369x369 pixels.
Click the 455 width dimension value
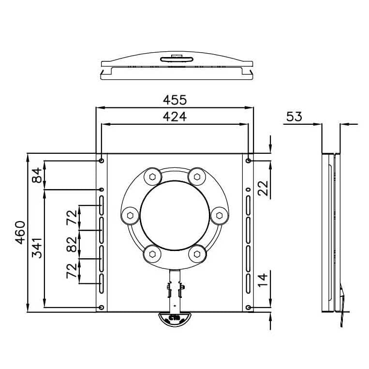(175, 100)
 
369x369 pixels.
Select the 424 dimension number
(175, 117)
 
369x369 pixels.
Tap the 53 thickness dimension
(294, 117)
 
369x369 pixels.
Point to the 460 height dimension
(20, 233)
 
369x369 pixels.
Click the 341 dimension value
(37, 248)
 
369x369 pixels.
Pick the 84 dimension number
(37, 176)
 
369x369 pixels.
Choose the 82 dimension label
(72, 244)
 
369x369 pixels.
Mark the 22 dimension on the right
(263, 188)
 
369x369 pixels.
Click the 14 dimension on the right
(263, 280)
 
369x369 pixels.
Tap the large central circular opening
(175, 216)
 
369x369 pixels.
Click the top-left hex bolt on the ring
(152, 177)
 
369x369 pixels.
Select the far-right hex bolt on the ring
(220, 216)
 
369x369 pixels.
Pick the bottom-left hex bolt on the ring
(152, 254)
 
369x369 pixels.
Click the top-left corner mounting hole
(102, 161)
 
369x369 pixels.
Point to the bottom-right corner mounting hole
(248, 308)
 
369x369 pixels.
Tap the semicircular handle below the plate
(175, 319)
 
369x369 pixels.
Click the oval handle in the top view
(177, 59)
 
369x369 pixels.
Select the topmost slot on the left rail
(102, 205)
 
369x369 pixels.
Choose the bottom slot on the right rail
(248, 283)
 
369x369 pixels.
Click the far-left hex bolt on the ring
(130, 216)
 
